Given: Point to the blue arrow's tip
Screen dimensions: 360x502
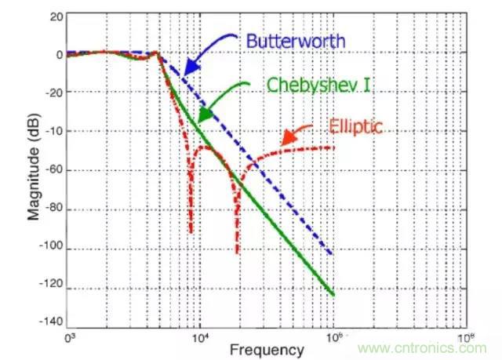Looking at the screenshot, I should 182,76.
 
